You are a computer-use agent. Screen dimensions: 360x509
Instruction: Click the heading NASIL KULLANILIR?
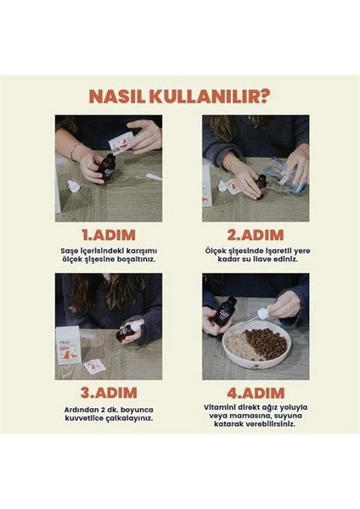tap(179, 96)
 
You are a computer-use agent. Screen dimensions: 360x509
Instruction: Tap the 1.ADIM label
tap(109, 235)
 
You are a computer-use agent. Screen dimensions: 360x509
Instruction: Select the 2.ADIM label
tap(256, 235)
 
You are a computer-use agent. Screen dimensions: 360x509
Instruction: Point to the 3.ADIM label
tap(109, 393)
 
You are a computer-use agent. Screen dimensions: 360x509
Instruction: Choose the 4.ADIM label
tap(256, 393)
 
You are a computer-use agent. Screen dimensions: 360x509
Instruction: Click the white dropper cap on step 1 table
tap(73, 187)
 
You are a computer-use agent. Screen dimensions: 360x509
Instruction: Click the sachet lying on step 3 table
tap(94, 366)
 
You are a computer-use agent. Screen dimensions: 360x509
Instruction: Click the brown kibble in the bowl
tap(266, 344)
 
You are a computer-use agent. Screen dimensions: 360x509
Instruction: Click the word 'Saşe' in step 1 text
tap(69, 251)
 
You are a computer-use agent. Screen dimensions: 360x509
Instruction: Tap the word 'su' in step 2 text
tap(250, 260)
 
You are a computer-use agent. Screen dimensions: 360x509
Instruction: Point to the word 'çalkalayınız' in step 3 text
tap(129, 418)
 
